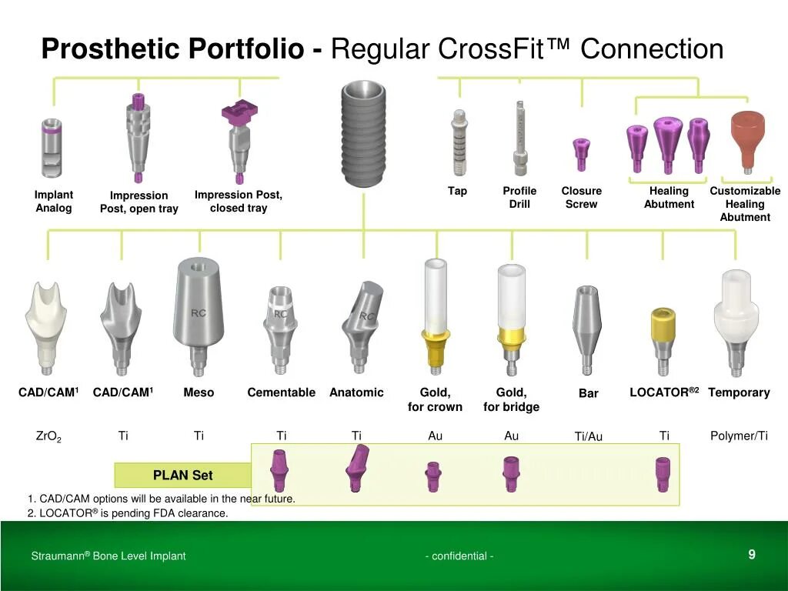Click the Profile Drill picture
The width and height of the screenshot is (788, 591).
[x=519, y=139]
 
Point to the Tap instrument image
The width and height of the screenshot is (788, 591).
[x=459, y=142]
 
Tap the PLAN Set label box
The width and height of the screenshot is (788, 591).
[x=182, y=476]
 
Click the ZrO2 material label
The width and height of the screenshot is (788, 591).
[x=48, y=436]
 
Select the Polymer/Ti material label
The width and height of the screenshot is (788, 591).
[x=739, y=436]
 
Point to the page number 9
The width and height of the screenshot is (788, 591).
[x=751, y=554]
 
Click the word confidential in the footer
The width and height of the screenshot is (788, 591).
[x=459, y=556]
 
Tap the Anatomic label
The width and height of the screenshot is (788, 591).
[x=356, y=392]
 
